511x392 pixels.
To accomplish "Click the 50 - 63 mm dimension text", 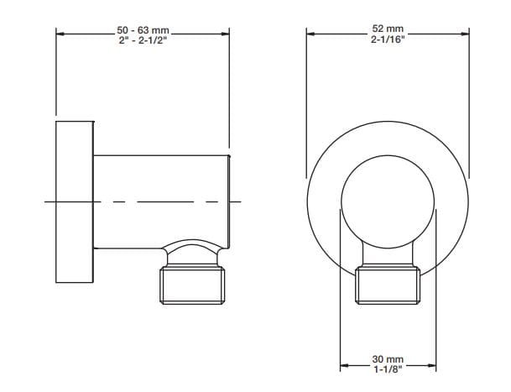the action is [143, 30].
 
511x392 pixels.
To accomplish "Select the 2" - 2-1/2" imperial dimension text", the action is [143, 41].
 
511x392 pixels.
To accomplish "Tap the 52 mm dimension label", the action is [388, 29].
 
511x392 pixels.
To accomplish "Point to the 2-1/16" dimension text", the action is [388, 39].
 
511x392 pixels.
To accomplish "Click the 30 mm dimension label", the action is [388, 359].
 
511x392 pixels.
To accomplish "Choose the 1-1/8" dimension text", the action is [388, 369].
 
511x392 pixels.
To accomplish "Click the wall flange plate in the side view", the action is [75, 201].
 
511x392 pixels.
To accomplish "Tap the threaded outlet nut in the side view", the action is [192, 285].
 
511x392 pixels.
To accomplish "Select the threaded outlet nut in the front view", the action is [388, 285].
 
